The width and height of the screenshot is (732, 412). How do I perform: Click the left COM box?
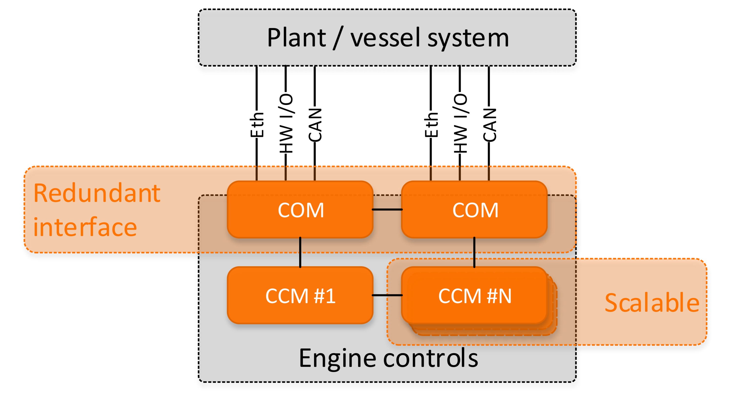[x=300, y=210]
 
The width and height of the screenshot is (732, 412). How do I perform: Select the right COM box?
[x=474, y=210]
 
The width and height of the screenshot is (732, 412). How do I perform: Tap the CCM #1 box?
[x=300, y=296]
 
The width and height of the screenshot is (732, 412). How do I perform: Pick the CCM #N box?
[x=474, y=296]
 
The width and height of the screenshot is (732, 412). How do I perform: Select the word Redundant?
[x=97, y=193]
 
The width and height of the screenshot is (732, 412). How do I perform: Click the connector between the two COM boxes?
[x=387, y=210]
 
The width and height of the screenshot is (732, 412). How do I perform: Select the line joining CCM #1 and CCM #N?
[x=387, y=295]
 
